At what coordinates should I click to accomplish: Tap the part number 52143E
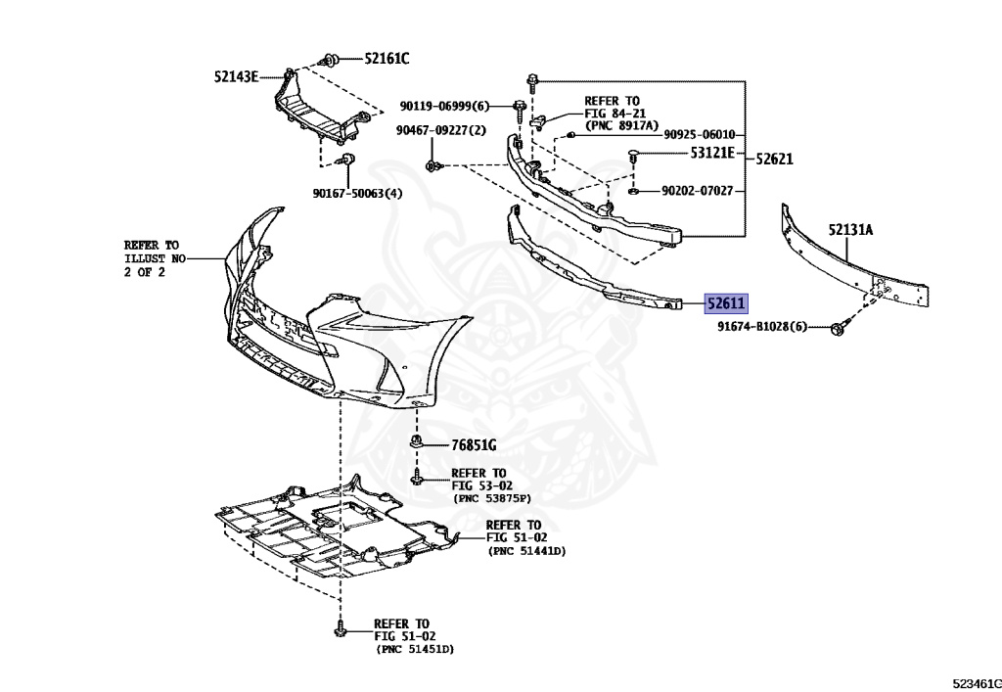click(x=236, y=75)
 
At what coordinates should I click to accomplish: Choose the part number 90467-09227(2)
click(x=441, y=130)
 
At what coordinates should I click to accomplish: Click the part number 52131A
click(x=850, y=230)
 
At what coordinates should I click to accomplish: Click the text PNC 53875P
click(x=489, y=498)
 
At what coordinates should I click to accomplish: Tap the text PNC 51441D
click(x=526, y=551)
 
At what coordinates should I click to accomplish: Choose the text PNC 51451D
click(x=415, y=649)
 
